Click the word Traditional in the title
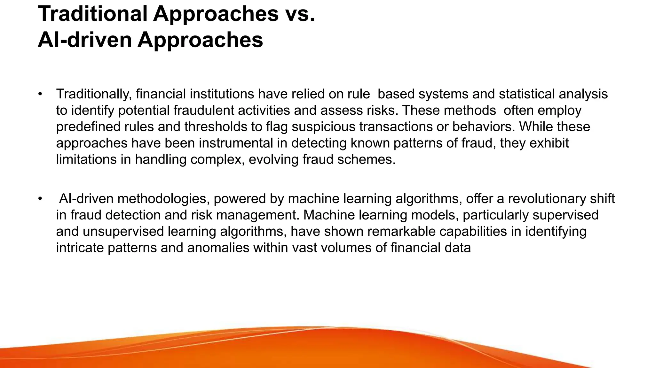[x=93, y=14]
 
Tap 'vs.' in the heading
[x=299, y=14]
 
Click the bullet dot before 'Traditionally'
[x=40, y=94]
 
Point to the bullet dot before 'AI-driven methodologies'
[x=40, y=199]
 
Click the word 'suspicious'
[x=323, y=127]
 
